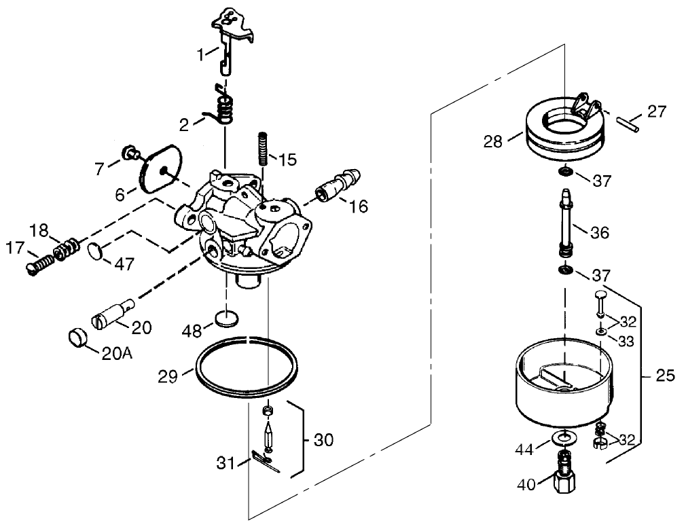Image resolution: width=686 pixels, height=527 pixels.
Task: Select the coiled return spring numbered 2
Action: coord(223,109)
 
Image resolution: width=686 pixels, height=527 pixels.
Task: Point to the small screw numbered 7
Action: coord(128,153)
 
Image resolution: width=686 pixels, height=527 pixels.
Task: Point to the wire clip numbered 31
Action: coord(264,462)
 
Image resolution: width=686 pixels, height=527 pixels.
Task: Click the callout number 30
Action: coord(324,439)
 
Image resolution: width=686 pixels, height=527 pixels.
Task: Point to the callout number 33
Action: coord(626,342)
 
